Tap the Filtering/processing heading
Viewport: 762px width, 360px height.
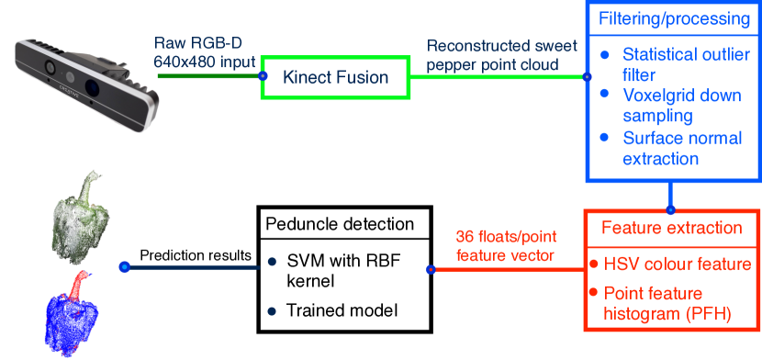674,19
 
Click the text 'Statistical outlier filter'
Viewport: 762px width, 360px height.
684,64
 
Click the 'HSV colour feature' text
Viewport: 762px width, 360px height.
678,265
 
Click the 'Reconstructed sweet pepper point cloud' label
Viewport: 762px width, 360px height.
504,55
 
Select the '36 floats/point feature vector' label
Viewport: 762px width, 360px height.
506,246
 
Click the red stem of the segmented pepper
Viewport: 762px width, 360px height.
80,279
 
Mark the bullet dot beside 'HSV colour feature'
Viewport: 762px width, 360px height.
593,264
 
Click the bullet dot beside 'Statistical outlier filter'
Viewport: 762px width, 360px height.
604,56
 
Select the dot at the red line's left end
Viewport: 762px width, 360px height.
431,269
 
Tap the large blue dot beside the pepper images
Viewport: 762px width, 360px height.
125,266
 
